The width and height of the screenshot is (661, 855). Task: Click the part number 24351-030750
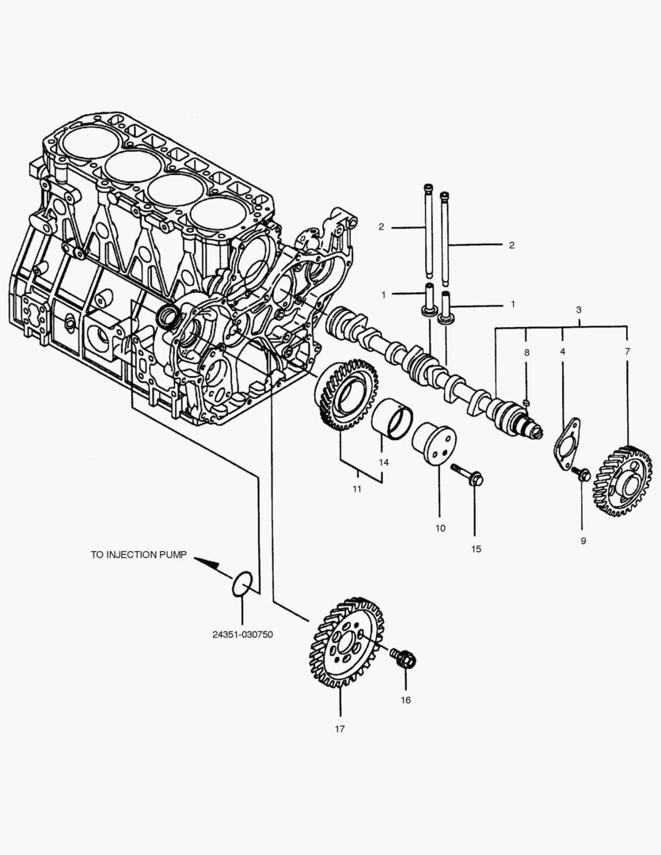242,634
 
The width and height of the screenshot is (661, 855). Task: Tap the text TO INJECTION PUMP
139,555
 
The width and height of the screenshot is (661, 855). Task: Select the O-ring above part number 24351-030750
243,583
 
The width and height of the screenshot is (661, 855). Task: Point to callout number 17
340,729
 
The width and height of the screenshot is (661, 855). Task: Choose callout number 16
405,700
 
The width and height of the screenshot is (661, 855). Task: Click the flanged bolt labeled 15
469,474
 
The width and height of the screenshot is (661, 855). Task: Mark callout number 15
475,548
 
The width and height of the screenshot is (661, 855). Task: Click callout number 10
440,527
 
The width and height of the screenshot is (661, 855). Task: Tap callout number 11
357,489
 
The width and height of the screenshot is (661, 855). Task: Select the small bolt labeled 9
583,474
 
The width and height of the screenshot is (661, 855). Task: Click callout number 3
579,309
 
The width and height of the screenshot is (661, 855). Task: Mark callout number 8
526,351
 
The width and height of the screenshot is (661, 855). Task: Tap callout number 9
583,541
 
